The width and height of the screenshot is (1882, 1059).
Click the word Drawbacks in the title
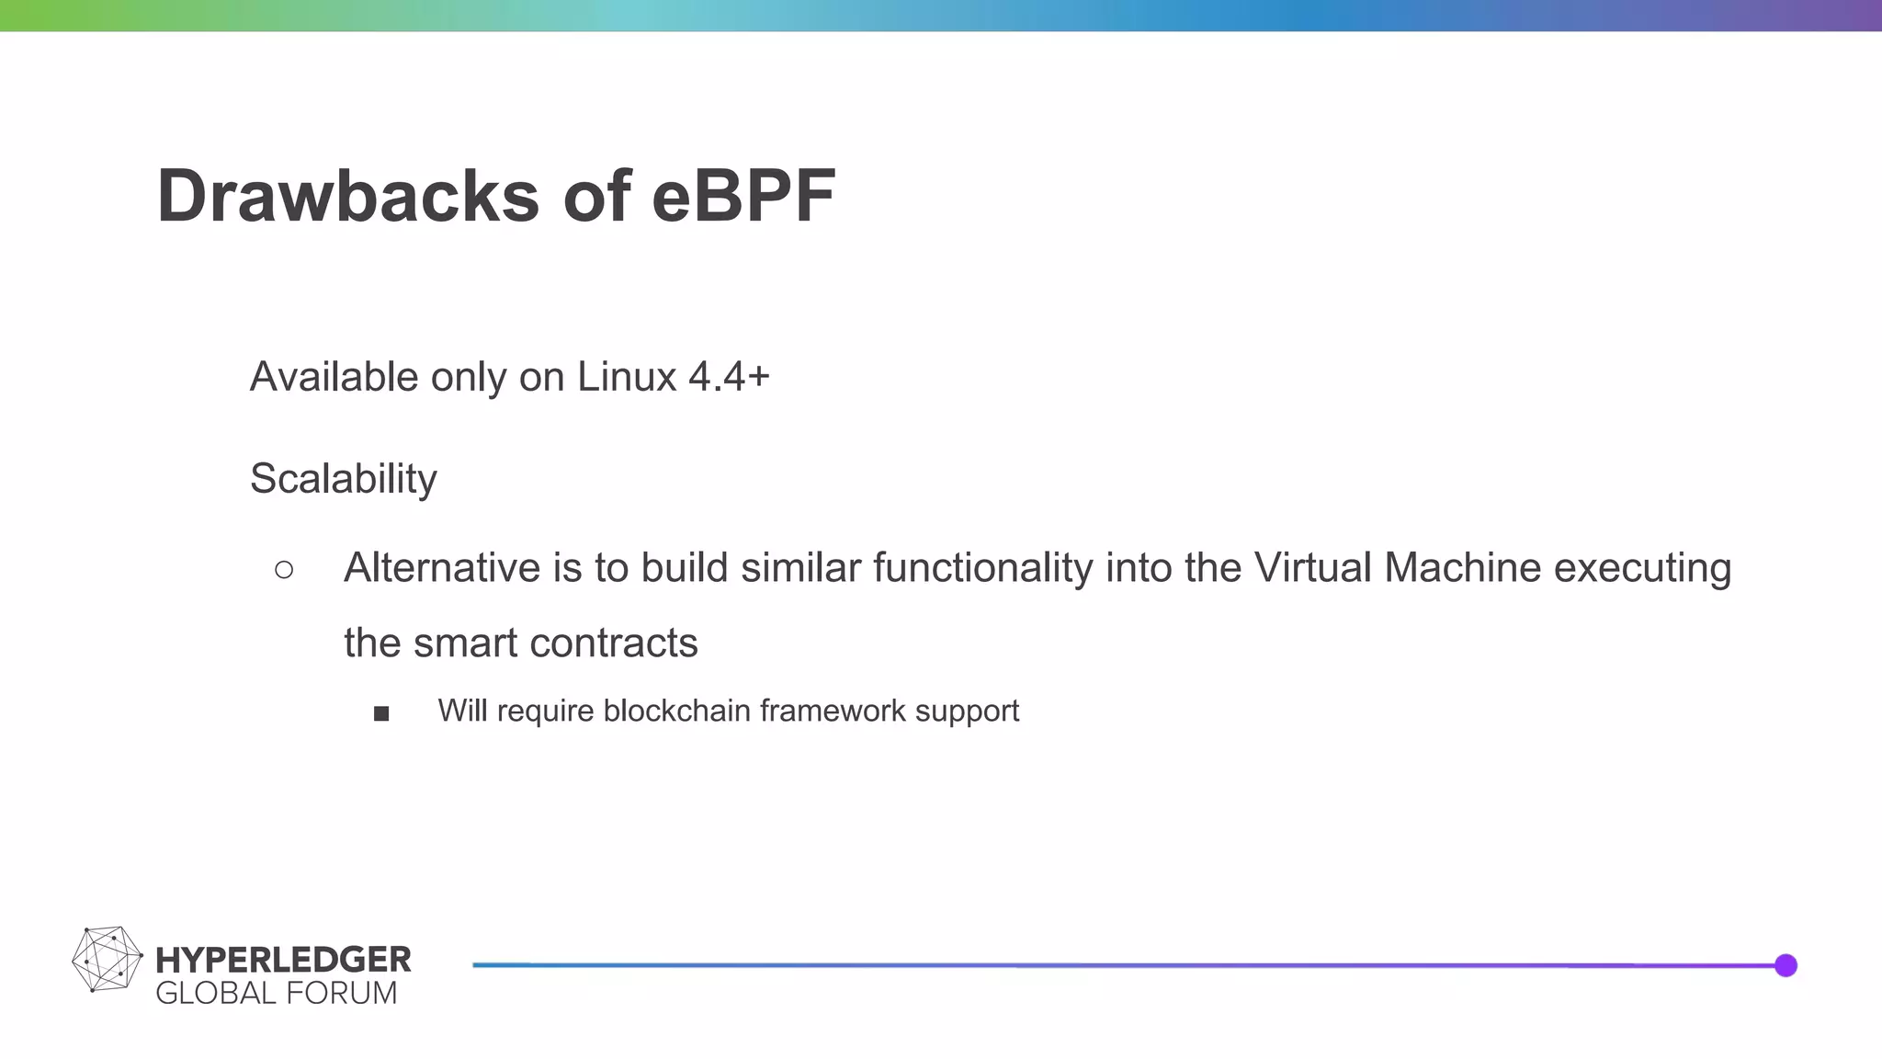tap(347, 196)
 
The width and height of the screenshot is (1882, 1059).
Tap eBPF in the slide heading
tap(743, 196)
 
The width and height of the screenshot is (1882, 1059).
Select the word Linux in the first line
tap(626, 377)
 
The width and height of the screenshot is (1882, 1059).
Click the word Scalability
tap(344, 479)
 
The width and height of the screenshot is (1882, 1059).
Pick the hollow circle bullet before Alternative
tap(284, 570)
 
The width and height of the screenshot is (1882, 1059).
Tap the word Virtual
tap(1312, 568)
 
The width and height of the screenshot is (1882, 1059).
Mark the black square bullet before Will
tap(381, 713)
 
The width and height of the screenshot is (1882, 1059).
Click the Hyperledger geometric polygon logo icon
tap(107, 959)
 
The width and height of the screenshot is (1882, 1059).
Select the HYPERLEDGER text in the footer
tap(283, 960)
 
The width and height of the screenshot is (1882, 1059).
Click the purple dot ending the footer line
tap(1786, 965)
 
